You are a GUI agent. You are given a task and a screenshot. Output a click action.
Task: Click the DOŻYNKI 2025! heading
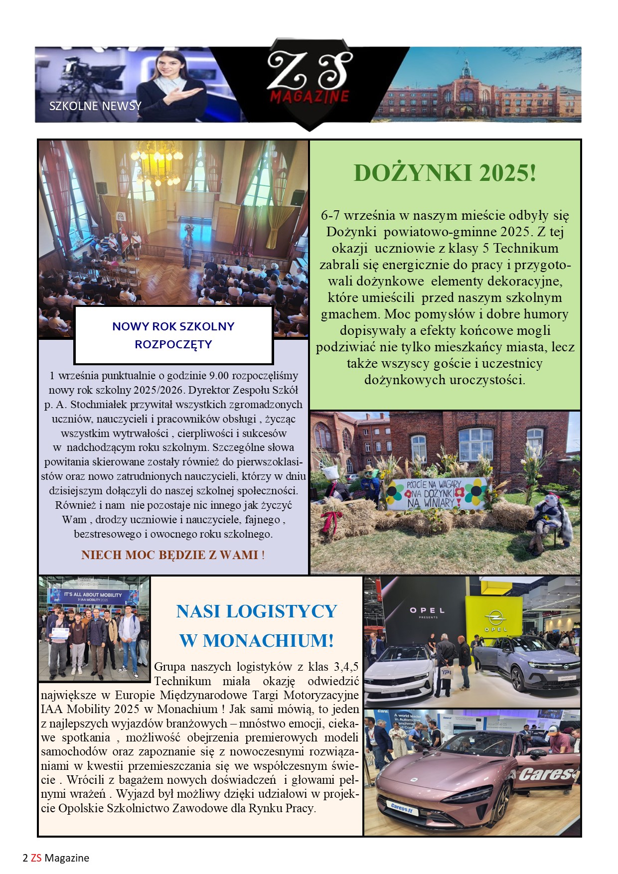coord(445,173)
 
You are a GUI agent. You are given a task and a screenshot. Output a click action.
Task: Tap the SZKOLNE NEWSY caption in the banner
coord(95,106)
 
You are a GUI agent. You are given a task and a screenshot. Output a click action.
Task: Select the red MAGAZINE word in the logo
coord(309,96)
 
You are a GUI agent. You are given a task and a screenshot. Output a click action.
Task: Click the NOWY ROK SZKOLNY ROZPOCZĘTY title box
coord(173,335)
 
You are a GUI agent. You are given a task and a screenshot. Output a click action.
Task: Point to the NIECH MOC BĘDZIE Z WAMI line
coord(173,555)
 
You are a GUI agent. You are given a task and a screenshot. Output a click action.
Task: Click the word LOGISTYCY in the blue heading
coord(282,611)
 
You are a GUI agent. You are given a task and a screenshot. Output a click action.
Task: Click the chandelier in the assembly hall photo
coord(156,161)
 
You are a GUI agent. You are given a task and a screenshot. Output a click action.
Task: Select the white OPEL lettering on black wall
coord(427,610)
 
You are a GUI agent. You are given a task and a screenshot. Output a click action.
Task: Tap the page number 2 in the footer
coord(25,858)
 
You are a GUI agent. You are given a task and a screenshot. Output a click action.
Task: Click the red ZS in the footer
coord(36,858)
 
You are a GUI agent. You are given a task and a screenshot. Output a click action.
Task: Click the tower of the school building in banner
coord(466,70)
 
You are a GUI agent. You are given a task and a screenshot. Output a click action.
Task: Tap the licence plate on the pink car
coord(402,807)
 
